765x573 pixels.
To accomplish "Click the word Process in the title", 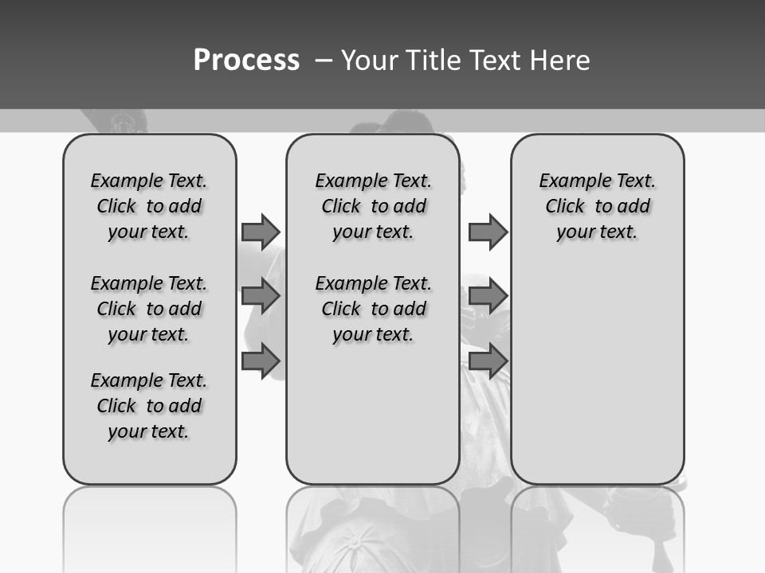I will click(246, 60).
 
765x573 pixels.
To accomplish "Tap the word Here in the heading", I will click(560, 60).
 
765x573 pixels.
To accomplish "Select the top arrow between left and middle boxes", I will click(261, 232).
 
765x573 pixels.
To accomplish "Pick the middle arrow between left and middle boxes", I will click(261, 296).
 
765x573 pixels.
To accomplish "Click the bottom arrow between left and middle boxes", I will click(261, 361).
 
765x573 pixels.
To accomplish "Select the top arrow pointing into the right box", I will click(488, 232).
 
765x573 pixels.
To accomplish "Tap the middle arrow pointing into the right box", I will click(488, 296).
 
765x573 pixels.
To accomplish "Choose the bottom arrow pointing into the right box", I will click(488, 361).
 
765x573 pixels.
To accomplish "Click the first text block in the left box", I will click(149, 206).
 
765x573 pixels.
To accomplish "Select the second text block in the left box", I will click(149, 309).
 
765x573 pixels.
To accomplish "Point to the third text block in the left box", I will click(149, 406).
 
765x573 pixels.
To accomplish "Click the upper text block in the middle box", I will click(373, 206).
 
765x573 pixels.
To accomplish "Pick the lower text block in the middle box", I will click(373, 309).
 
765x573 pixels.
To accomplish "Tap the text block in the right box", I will click(597, 206).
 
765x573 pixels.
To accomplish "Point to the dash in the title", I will click(324, 60).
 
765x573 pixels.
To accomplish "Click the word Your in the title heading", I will click(369, 60).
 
